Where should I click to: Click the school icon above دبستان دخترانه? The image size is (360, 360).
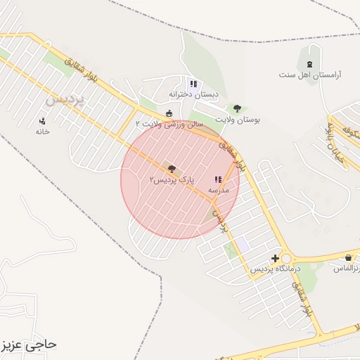click(x=193, y=84)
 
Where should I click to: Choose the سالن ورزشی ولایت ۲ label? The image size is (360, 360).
click(x=169, y=124)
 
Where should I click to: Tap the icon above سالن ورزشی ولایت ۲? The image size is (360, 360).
click(x=169, y=113)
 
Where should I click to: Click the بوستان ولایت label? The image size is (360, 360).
click(x=238, y=120)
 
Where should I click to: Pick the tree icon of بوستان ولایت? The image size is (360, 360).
click(x=238, y=109)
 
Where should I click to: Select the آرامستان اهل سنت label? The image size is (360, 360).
click(x=310, y=74)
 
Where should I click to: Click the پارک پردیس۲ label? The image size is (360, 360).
click(x=172, y=180)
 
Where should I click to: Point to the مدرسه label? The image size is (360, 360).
click(x=217, y=191)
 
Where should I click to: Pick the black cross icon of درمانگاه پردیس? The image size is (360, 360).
click(x=275, y=259)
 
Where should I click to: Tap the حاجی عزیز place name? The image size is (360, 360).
click(x=29, y=345)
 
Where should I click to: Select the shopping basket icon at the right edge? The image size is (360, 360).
click(x=350, y=257)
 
